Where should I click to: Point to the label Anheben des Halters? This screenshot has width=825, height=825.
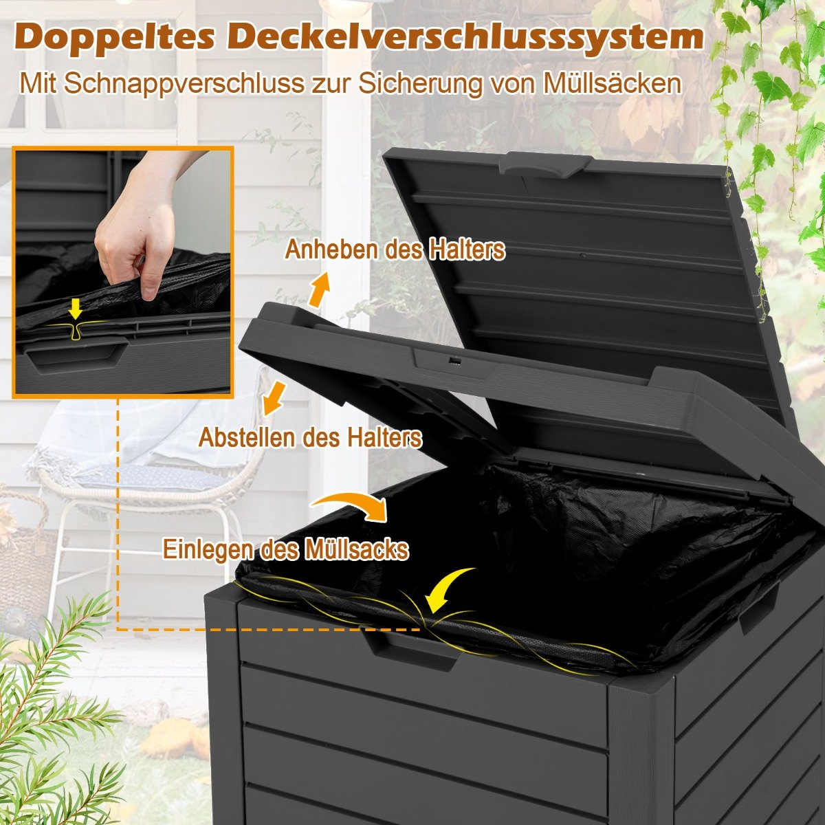tap(395, 250)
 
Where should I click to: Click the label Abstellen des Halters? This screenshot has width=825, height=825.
tap(310, 437)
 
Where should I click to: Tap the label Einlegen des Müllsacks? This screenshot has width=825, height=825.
tap(285, 549)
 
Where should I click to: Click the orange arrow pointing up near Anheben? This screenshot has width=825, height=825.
tap(320, 289)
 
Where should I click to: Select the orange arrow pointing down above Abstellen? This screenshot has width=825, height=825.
tap(273, 399)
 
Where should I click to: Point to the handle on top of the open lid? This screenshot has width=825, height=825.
tap(547, 165)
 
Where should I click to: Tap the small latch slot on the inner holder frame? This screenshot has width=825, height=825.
tap(454, 360)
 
